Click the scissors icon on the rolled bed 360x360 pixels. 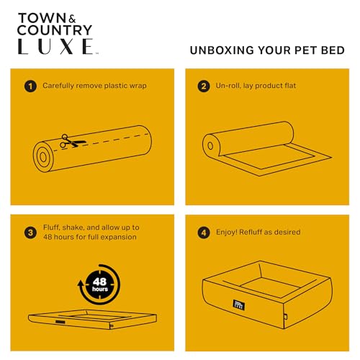coord(73,141)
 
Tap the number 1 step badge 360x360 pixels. coord(30,86)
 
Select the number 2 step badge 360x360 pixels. coord(204,86)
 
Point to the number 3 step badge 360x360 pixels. coord(30,233)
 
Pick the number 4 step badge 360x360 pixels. coord(204,233)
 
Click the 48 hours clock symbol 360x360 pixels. coord(99,284)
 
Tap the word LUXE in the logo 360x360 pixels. coord(55,46)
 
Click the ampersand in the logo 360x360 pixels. coord(72,19)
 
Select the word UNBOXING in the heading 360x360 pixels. coord(222,50)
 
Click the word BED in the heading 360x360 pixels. coord(333,50)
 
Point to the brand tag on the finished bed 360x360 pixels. coord(239,305)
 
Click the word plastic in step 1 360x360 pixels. coord(113,86)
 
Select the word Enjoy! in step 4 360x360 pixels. coord(227,233)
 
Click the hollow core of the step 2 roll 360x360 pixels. coord(210,145)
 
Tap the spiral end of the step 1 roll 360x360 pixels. coord(43,157)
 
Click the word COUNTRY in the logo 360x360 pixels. coord(55,30)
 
